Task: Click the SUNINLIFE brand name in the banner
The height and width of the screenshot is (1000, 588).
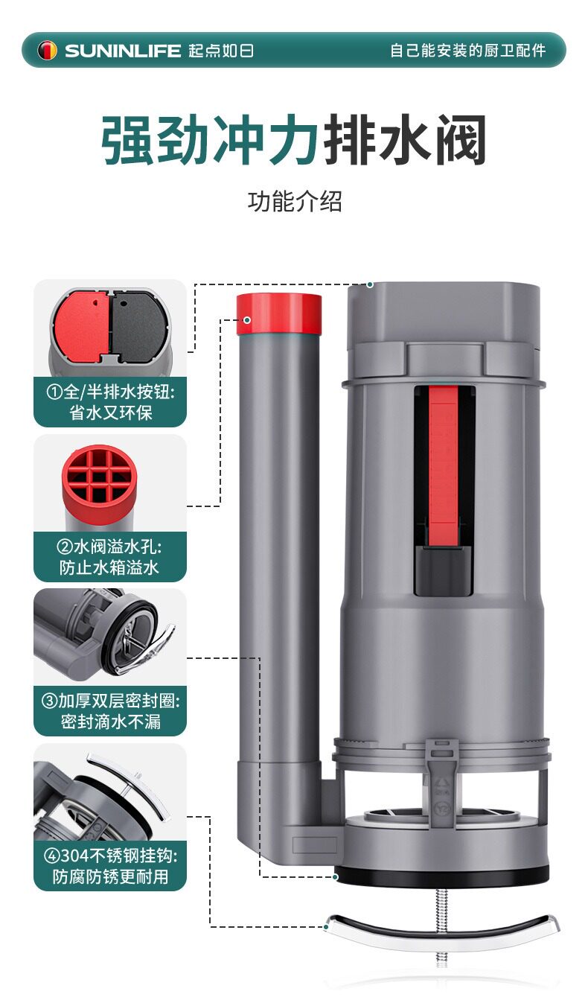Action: coord(122,51)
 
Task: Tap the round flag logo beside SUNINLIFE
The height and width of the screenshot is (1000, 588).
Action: coord(48,51)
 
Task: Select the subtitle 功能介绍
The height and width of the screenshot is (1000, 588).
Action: coord(295,201)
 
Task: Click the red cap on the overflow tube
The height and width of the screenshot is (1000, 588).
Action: coord(279,313)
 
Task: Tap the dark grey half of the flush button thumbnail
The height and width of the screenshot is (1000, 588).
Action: coord(138,326)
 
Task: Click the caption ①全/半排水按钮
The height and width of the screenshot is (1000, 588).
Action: coord(111,392)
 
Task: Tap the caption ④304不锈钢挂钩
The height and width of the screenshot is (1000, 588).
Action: coord(111,856)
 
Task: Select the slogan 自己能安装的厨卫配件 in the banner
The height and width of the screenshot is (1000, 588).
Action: coord(468,51)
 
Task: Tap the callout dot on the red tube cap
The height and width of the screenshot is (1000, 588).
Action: coord(247,320)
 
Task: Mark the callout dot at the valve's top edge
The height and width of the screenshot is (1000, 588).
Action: coord(370,284)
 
